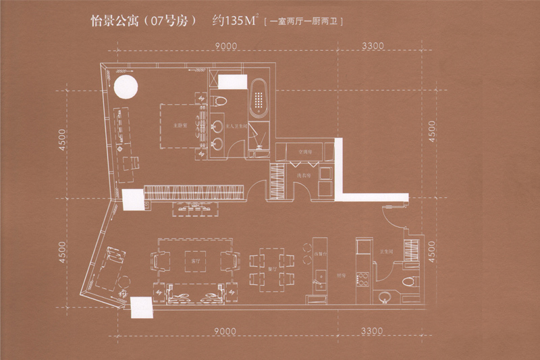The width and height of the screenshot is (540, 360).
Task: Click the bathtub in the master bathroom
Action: (x=259, y=101)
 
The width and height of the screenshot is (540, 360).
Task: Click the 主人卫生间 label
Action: (x=233, y=126)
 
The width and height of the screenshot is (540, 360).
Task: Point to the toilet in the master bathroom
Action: (x=218, y=101)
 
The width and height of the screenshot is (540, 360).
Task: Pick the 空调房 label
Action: (x=300, y=152)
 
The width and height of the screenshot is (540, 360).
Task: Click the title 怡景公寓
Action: (x=114, y=22)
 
